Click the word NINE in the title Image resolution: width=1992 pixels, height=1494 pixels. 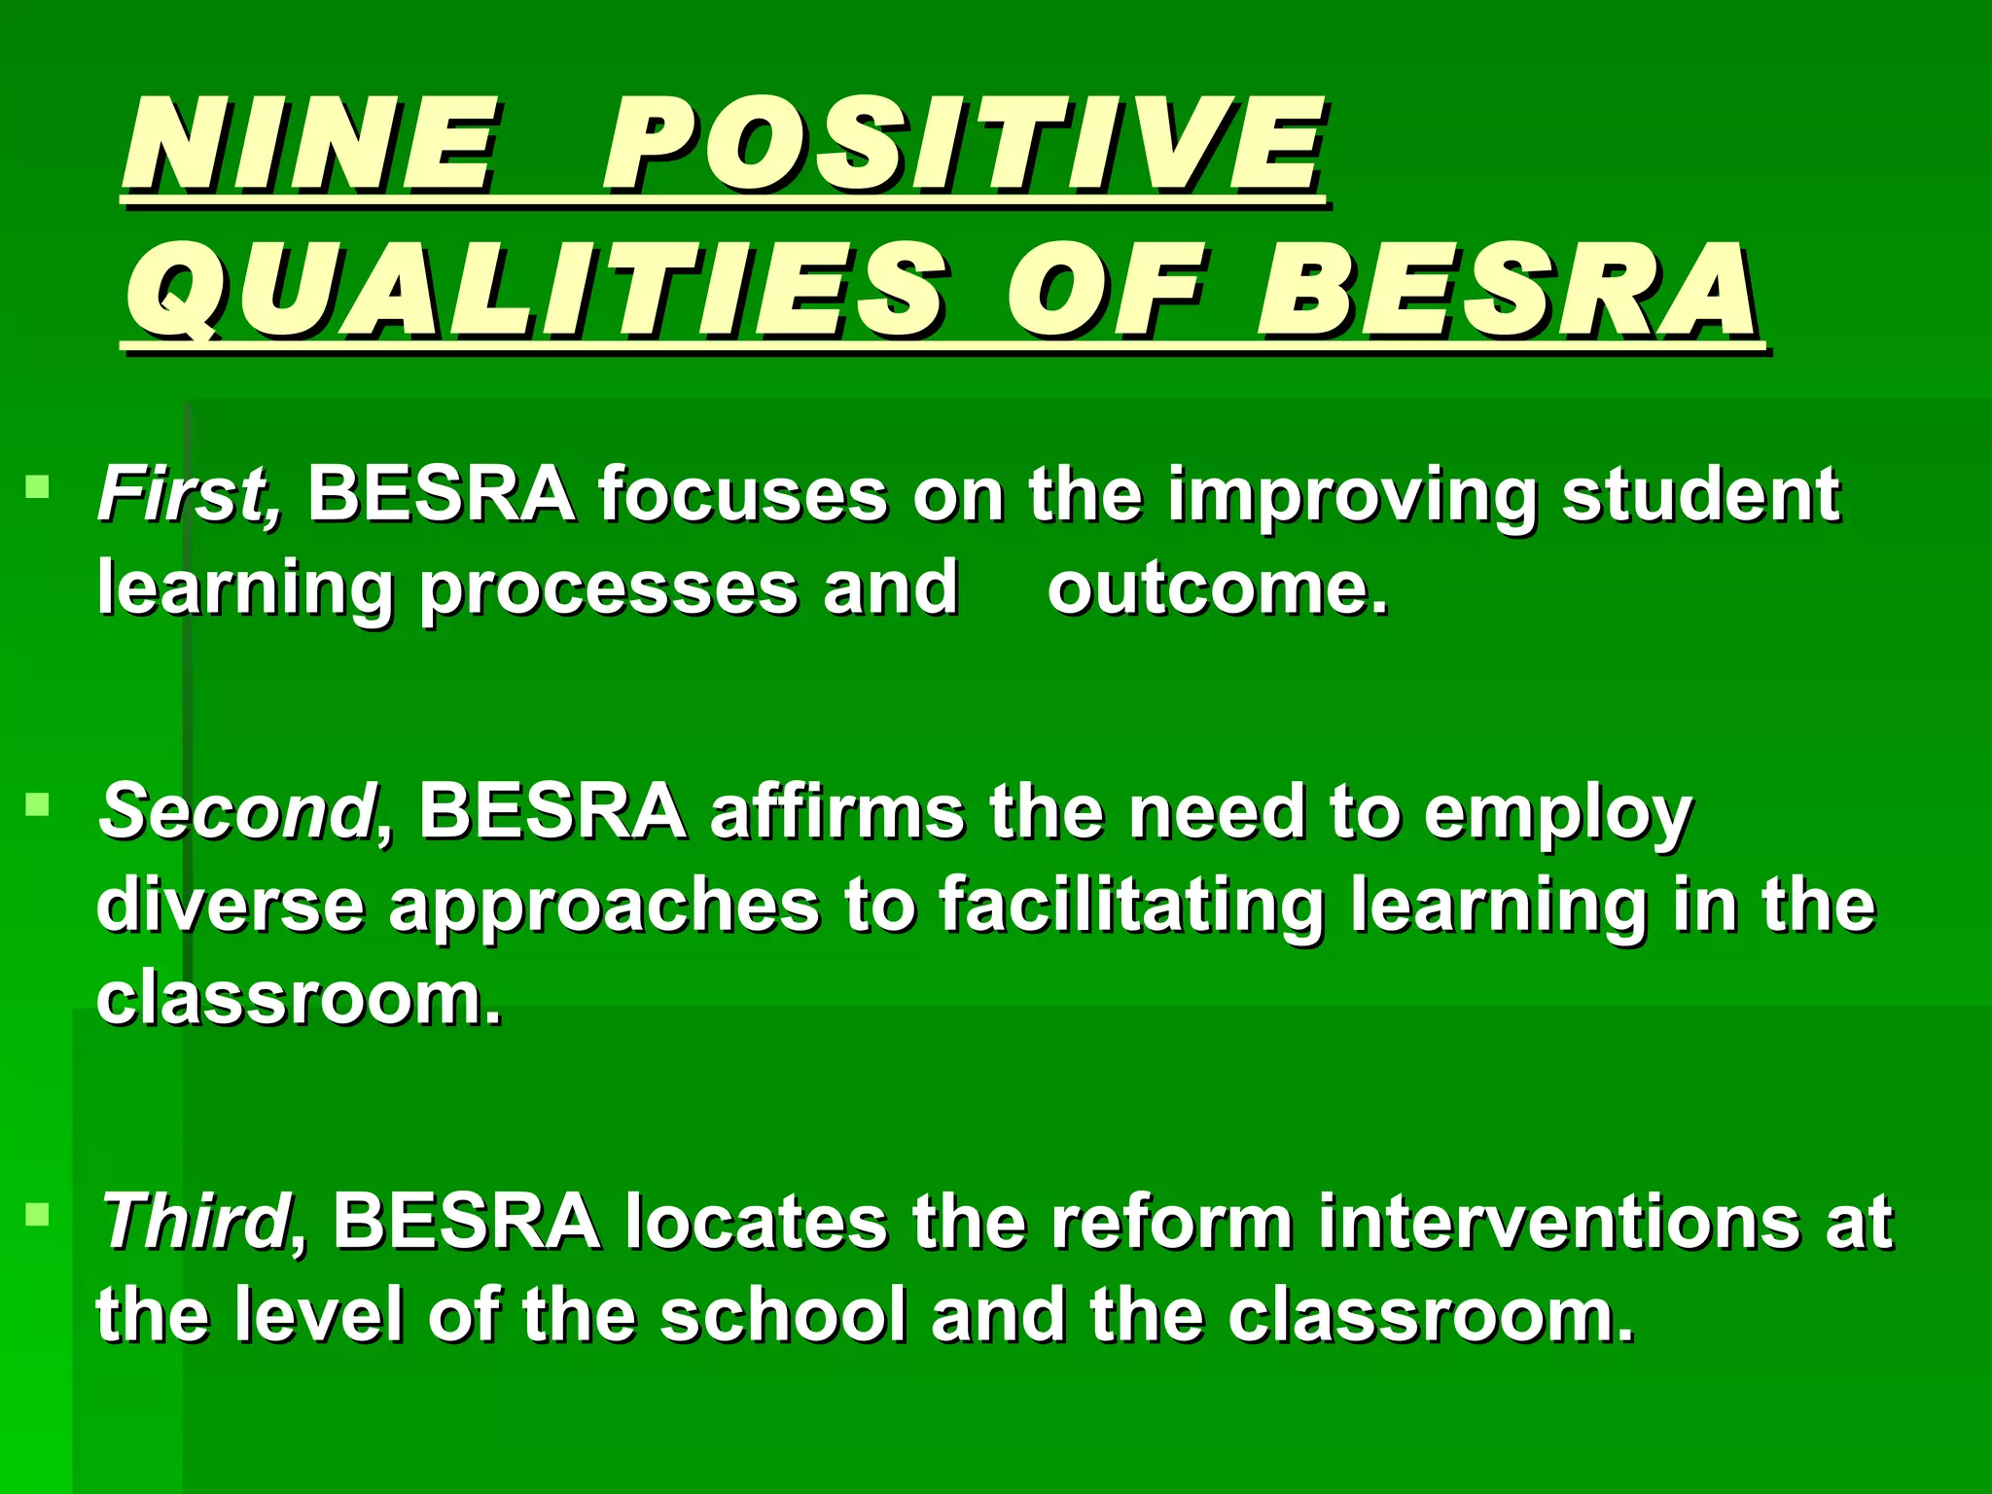coord(309,146)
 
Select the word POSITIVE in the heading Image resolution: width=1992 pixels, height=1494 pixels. coord(963,146)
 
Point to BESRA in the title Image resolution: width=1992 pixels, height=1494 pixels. coord(1508,292)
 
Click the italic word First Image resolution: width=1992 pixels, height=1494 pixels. coord(190,494)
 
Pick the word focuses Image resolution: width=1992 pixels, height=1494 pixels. coord(742,494)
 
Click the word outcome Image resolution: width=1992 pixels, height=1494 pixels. coord(1217,588)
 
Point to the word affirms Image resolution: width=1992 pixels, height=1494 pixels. coord(836,811)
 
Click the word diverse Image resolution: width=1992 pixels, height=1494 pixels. coord(231,906)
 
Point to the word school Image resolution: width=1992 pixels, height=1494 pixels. coord(783,1315)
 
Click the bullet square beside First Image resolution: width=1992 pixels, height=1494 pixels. coord(38,485)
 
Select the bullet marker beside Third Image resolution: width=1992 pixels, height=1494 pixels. coord(38,1213)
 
